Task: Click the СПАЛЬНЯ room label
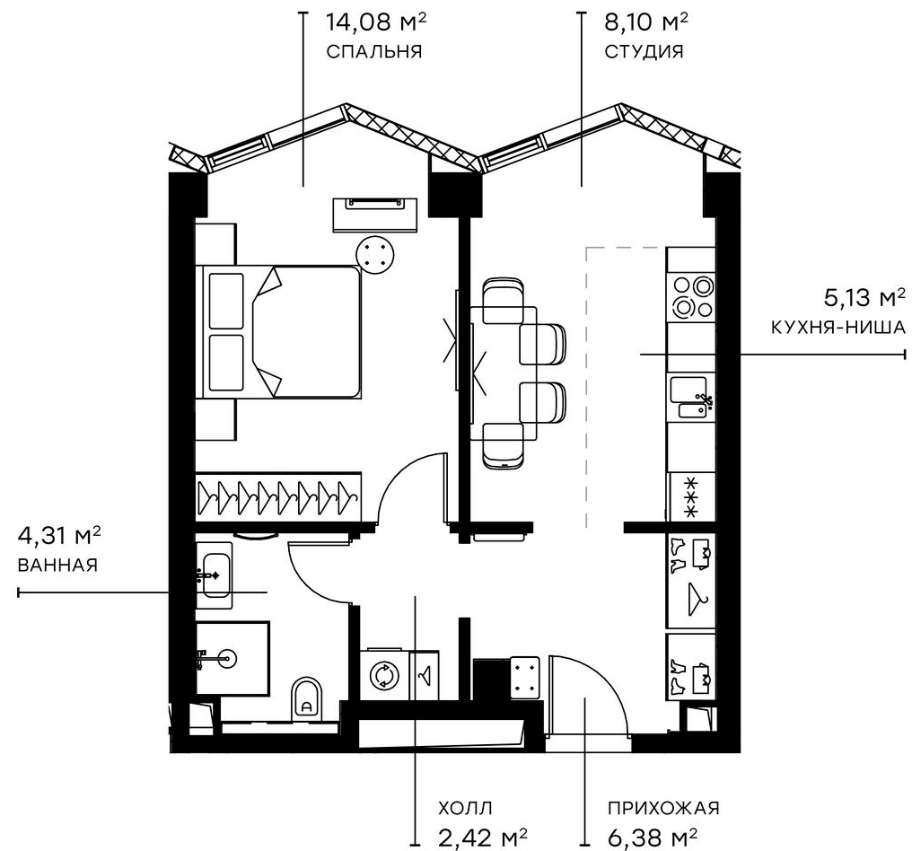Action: click(374, 51)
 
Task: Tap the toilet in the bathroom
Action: click(307, 697)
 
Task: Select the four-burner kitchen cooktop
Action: click(692, 296)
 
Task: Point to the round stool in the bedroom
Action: click(375, 252)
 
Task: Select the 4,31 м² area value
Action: click(59, 537)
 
